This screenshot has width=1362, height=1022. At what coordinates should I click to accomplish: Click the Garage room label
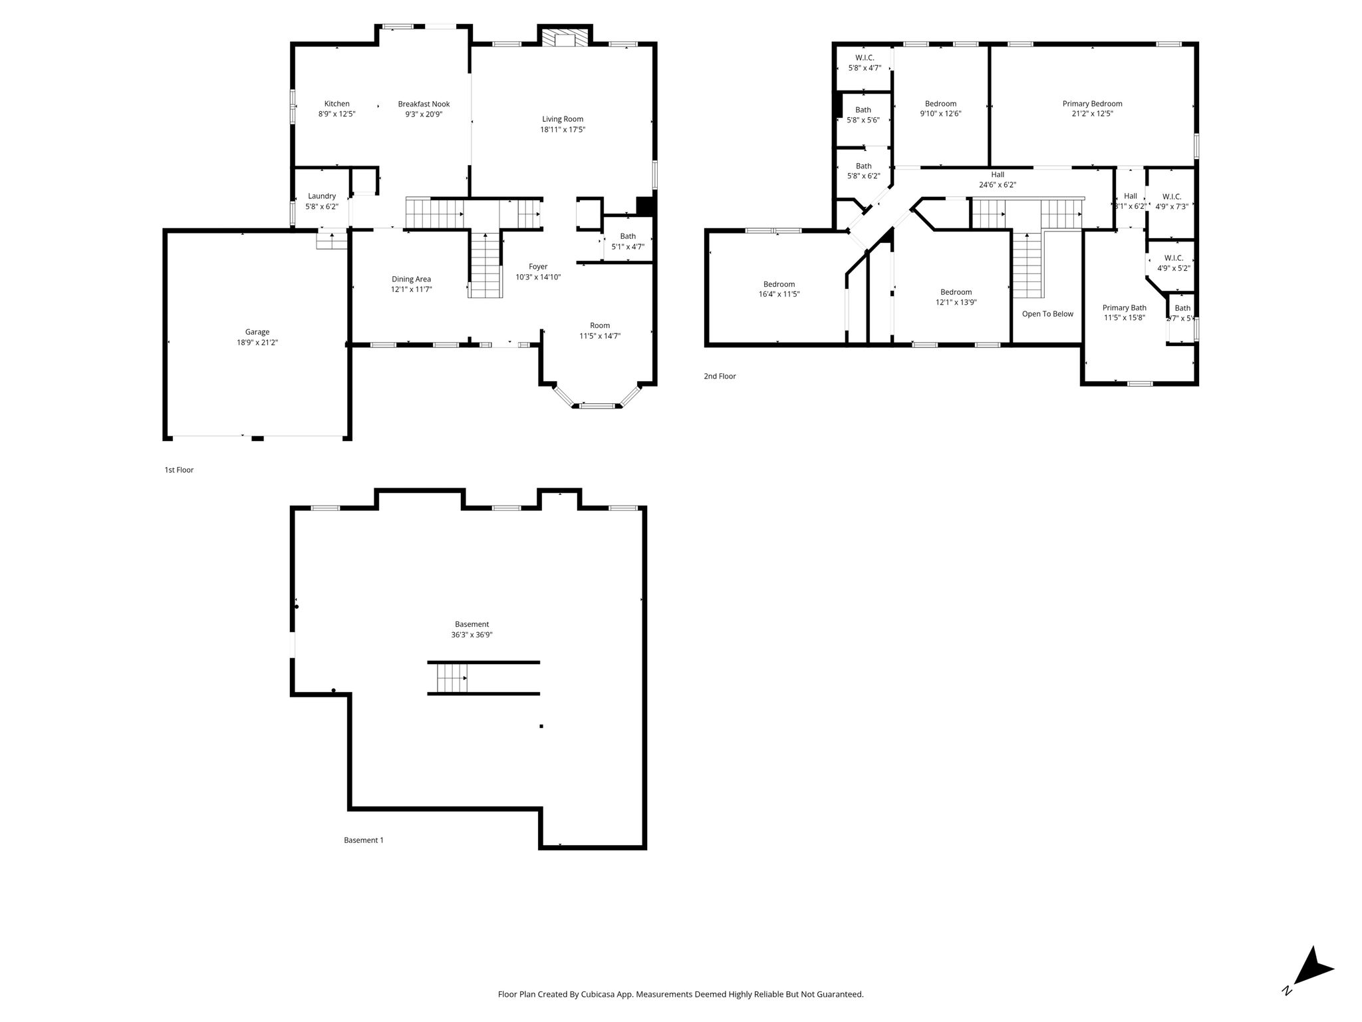pyautogui.click(x=257, y=332)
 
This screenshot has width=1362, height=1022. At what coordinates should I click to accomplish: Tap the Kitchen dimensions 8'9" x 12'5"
pyautogui.click(x=337, y=114)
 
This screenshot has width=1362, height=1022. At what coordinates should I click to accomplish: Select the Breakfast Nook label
pyautogui.click(x=424, y=104)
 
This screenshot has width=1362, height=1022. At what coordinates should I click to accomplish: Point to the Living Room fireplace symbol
pyautogui.click(x=565, y=37)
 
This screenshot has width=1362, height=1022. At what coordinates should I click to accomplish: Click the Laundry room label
pyautogui.click(x=322, y=196)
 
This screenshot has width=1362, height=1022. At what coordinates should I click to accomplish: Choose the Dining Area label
pyautogui.click(x=411, y=279)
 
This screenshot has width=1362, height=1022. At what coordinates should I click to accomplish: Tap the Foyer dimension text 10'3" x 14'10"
pyautogui.click(x=538, y=277)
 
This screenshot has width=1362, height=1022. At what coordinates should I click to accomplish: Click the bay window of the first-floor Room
pyautogui.click(x=597, y=398)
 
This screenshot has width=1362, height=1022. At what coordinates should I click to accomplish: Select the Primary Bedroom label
pyautogui.click(x=1092, y=104)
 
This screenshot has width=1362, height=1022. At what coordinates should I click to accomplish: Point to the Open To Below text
pyautogui.click(x=1047, y=314)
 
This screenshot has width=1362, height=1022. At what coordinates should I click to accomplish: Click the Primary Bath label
pyautogui.click(x=1125, y=308)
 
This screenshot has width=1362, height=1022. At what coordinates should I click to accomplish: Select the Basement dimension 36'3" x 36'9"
pyautogui.click(x=472, y=635)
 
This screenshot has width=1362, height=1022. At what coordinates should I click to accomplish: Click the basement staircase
pyautogui.click(x=452, y=678)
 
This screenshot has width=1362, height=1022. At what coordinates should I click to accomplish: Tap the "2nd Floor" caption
pyautogui.click(x=720, y=377)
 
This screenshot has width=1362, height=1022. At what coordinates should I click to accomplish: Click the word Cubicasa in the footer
pyautogui.click(x=598, y=994)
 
